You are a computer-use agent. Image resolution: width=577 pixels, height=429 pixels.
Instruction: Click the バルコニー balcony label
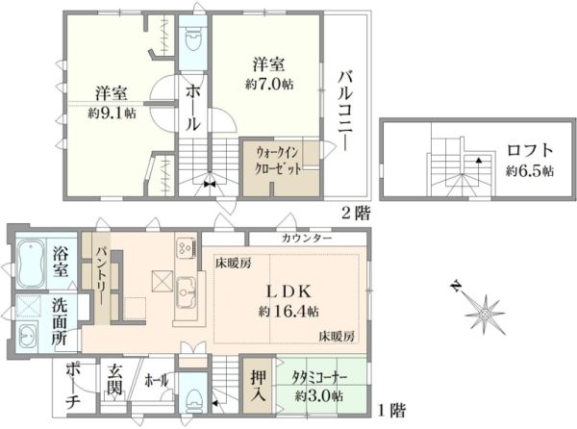point(346,112)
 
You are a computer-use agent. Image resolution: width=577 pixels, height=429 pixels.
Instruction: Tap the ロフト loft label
point(530,150)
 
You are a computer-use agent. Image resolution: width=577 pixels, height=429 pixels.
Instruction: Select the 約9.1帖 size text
point(112,113)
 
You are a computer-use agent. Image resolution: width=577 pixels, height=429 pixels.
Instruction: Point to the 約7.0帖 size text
point(269,85)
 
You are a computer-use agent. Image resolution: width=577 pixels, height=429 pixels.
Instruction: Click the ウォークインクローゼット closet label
point(279,161)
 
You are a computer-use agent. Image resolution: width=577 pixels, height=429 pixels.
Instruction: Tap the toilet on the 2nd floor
point(193,40)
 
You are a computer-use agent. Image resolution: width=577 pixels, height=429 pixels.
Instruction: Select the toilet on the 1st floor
point(193,398)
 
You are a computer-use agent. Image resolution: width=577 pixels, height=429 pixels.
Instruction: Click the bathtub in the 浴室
point(32,263)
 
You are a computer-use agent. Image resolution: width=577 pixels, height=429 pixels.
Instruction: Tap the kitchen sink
point(186,292)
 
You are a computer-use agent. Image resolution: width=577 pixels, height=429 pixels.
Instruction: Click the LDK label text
point(289,292)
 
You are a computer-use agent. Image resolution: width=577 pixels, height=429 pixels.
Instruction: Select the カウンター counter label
point(307,239)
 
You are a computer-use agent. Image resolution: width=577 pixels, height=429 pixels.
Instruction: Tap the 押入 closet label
point(258,386)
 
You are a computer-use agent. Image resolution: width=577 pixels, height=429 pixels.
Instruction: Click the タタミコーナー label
point(319,377)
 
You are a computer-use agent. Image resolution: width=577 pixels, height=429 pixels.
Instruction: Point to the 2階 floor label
point(355,214)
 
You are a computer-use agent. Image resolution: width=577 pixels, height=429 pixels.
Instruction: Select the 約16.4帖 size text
point(288,312)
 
